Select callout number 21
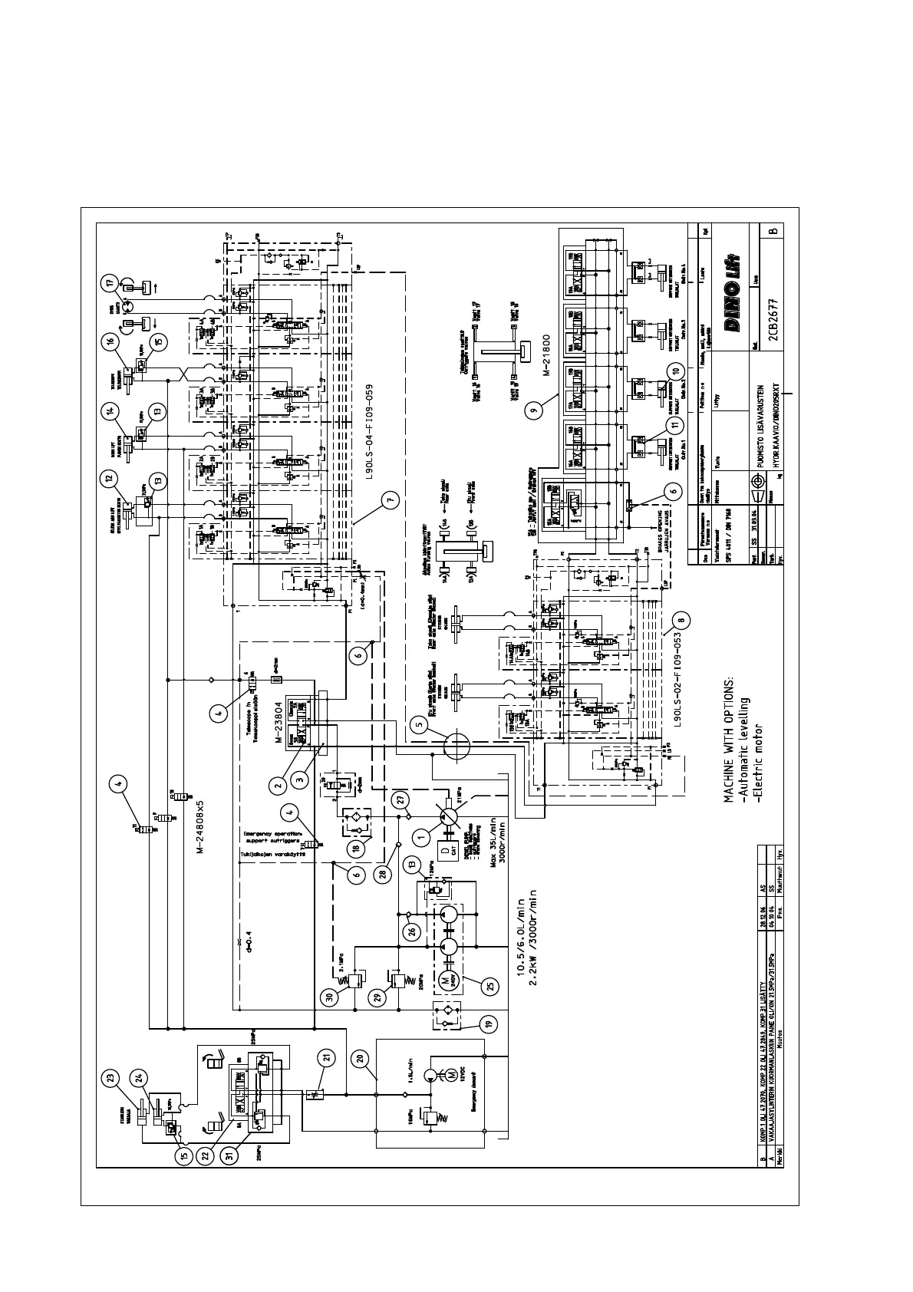[327, 1056]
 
